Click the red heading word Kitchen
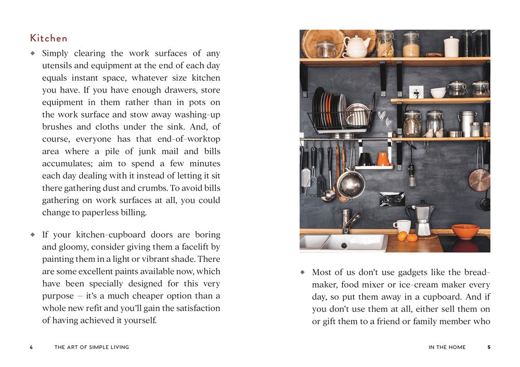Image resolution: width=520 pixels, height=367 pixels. click(x=49, y=38)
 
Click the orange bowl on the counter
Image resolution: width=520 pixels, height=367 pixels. click(x=465, y=231)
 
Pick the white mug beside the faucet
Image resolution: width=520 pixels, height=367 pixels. click(x=402, y=226)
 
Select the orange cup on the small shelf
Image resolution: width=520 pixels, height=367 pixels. click(x=383, y=159)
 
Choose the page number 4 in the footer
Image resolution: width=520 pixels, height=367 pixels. click(x=31, y=347)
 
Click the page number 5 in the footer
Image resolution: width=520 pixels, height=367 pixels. click(x=488, y=347)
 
